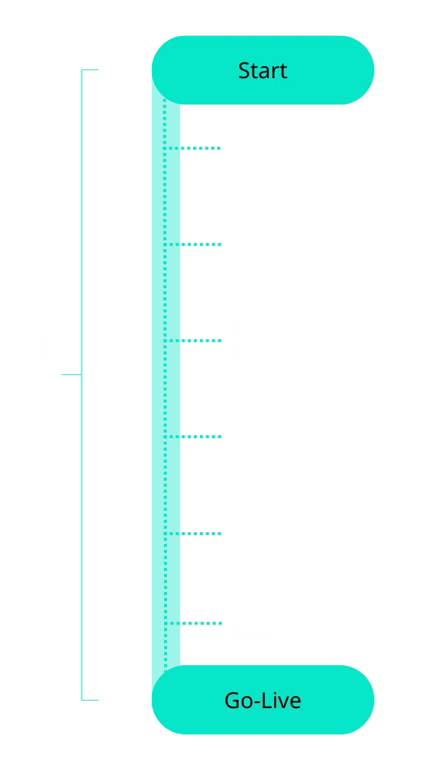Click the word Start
point(263,71)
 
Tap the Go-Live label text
point(263,701)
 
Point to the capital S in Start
point(244,71)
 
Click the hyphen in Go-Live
point(257,703)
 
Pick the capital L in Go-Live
point(266,701)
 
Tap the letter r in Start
point(278,73)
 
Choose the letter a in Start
point(266,73)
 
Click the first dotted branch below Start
point(192,148)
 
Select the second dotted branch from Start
point(192,244)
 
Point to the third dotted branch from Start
point(192,341)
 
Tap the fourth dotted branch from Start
point(192,437)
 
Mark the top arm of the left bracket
point(90,70)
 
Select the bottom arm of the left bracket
point(90,700)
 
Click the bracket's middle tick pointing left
point(72,374)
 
